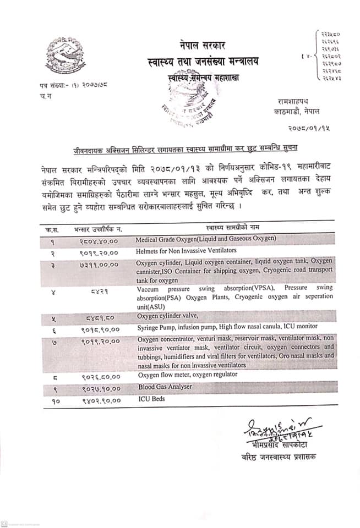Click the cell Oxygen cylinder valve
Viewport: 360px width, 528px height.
click(x=167, y=316)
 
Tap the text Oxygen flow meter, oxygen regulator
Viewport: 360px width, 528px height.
click(x=187, y=374)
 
